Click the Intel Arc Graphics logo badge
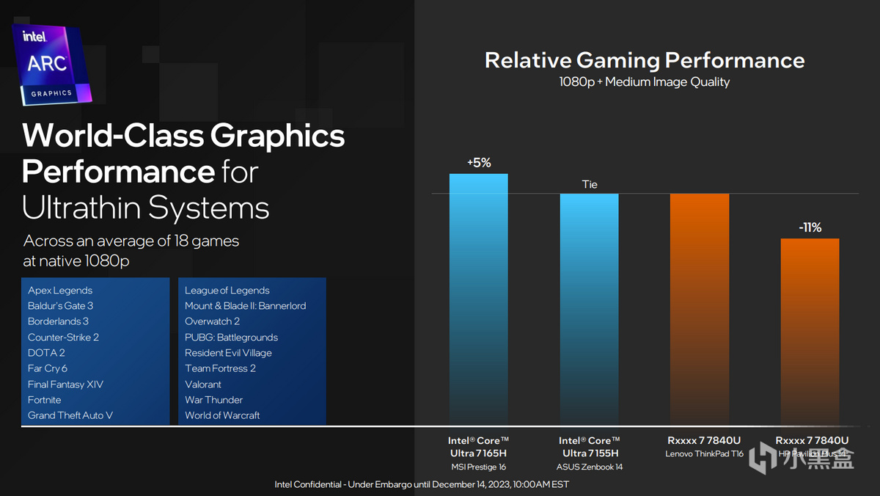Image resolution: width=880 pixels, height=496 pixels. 52,65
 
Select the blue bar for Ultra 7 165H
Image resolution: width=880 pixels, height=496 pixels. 478,293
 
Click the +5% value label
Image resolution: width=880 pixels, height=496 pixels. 478,163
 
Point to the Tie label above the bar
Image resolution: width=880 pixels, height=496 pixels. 589,184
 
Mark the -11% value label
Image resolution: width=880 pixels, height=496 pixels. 810,227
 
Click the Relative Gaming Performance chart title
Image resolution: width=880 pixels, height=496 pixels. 645,60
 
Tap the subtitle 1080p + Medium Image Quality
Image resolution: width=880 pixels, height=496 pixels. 645,81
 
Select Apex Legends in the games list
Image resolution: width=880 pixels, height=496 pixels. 60,291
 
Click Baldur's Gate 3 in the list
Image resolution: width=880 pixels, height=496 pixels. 60,306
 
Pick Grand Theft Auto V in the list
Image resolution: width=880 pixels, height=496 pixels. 70,415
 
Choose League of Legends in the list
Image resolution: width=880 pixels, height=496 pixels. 227,291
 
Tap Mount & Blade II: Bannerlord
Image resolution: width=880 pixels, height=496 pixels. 245,306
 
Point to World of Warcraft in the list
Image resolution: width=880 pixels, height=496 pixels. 222,415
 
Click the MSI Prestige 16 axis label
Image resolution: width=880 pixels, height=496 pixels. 478,467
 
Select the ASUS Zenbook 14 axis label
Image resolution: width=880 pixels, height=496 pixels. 589,467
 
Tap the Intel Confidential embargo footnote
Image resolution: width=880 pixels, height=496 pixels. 422,484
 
